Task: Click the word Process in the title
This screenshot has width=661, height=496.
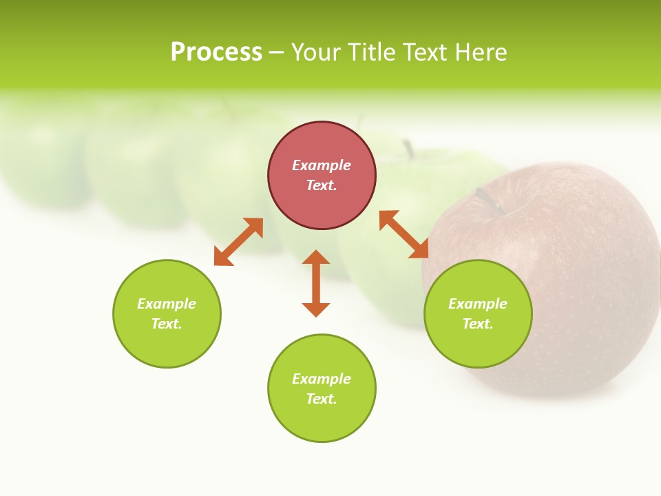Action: (216, 52)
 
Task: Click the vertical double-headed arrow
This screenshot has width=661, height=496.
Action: (316, 283)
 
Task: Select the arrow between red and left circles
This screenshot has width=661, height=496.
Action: (238, 242)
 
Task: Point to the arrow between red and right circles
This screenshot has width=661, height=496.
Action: (404, 235)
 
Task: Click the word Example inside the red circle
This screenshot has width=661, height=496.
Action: (322, 165)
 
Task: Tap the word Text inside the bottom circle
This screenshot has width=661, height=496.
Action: (322, 399)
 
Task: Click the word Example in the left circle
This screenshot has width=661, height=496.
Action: (167, 304)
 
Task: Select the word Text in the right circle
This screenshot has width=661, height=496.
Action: (477, 324)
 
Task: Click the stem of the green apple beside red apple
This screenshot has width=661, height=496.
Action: (410, 148)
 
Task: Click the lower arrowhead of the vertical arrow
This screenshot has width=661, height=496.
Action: (316, 309)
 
